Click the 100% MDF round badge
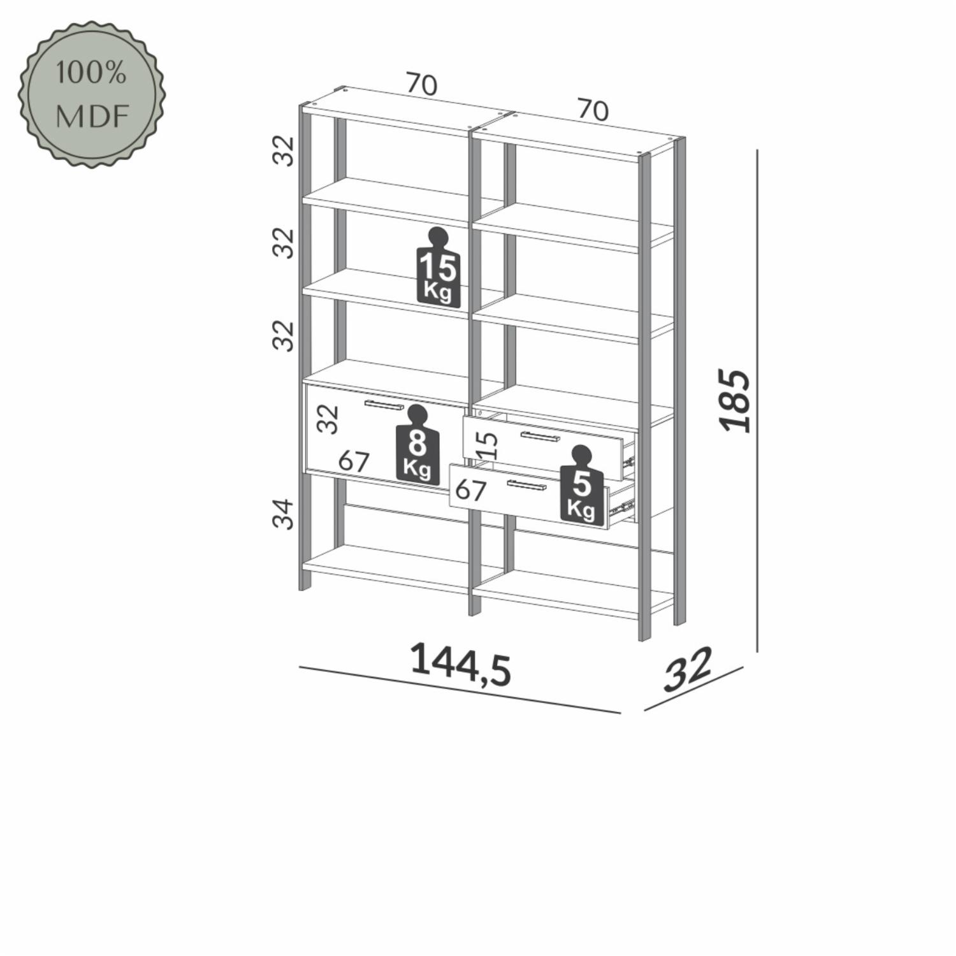tap(91, 95)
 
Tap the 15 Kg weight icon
tap(438, 268)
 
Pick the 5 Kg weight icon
tap(581, 486)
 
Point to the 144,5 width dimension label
tap(460, 664)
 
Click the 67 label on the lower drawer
tap(471, 489)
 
